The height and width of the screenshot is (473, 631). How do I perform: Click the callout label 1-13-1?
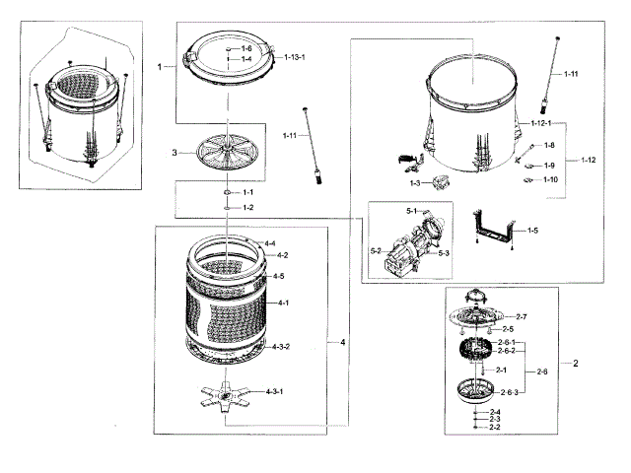tap(295, 58)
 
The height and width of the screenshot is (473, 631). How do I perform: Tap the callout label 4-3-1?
tap(275, 391)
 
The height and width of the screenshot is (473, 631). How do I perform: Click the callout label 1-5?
tap(532, 231)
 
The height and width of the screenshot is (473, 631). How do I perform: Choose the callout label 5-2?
tap(375, 251)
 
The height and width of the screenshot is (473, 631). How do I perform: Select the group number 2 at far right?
tap(576, 363)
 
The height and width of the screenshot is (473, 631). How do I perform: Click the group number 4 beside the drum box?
tap(342, 342)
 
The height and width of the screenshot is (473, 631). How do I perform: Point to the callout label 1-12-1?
tap(540, 123)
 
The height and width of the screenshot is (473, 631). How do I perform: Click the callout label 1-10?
tap(550, 179)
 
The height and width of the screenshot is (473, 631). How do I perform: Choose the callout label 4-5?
tap(279, 276)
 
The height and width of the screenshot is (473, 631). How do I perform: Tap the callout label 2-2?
tap(496, 428)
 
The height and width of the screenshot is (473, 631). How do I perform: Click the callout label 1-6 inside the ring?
tap(246, 47)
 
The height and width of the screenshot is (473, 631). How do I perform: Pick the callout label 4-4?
tap(268, 242)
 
